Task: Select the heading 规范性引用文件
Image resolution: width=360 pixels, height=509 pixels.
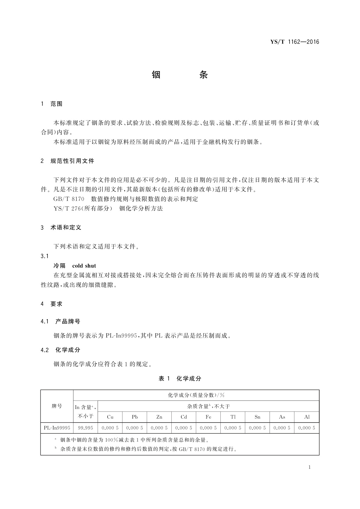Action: pyautogui.click(x=72, y=161)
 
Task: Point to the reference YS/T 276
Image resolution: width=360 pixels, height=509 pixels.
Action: pyautogui.click(x=66, y=209)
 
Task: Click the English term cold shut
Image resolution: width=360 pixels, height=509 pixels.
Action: pyautogui.click(x=84, y=266)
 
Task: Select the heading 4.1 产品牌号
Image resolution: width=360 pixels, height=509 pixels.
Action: pyautogui.click(x=60, y=322)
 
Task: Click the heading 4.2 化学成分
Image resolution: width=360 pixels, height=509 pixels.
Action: pyautogui.click(x=60, y=350)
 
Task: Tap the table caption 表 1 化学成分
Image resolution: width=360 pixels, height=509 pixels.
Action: pyautogui.click(x=180, y=378)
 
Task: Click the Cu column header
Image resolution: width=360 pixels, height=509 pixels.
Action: pyautogui.click(x=110, y=417)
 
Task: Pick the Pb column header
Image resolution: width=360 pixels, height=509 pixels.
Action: pyautogui.click(x=135, y=417)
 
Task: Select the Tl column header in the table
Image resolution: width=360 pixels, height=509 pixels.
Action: pyautogui.click(x=233, y=417)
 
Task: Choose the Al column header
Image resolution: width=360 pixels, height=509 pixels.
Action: pyautogui.click(x=307, y=417)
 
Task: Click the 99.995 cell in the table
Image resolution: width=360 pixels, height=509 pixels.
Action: pyautogui.click(x=86, y=428)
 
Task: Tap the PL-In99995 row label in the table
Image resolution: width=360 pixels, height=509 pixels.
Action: pyautogui.click(x=57, y=428)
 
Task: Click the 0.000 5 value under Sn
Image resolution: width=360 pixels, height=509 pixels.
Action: pyautogui.click(x=257, y=428)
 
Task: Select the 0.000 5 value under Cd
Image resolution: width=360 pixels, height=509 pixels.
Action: pyautogui.click(x=184, y=428)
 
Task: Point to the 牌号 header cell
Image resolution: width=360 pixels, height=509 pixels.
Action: pyautogui.click(x=57, y=406)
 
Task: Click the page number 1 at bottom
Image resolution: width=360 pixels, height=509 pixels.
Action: pyautogui.click(x=310, y=467)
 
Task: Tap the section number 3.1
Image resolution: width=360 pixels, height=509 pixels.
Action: pyautogui.click(x=45, y=256)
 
